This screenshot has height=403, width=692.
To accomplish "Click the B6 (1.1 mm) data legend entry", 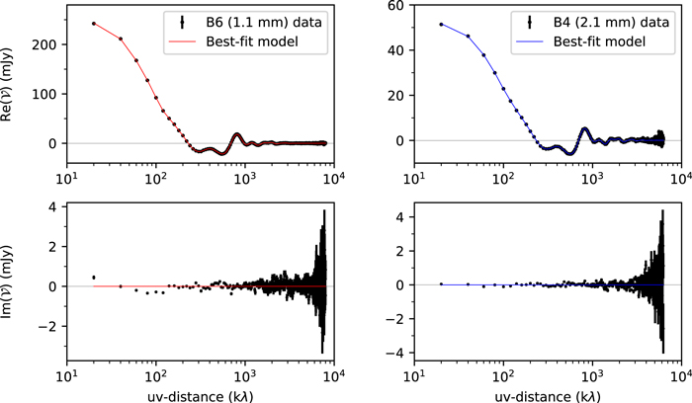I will pyautogui.click(x=262, y=19).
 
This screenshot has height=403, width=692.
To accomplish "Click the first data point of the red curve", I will pyautogui.click(x=93, y=23).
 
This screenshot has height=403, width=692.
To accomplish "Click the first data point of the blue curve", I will pyautogui.click(x=441, y=25).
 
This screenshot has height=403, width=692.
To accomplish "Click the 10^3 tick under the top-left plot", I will pyautogui.click(x=244, y=179).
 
